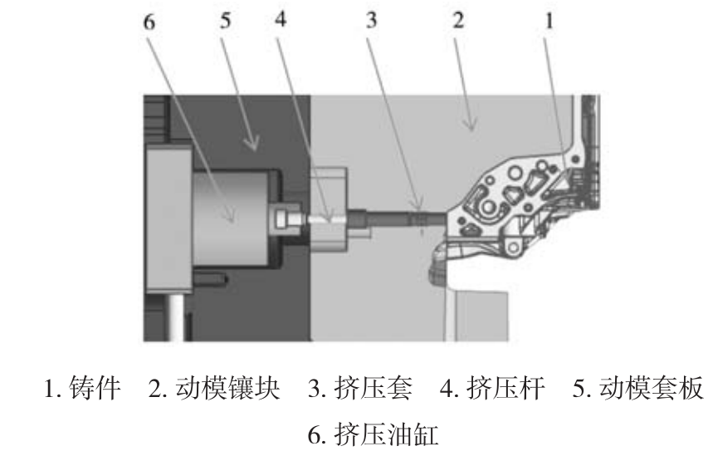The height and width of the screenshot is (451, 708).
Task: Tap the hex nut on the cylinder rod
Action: tap(282, 218)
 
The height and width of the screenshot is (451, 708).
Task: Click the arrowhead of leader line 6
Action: tap(234, 220)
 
